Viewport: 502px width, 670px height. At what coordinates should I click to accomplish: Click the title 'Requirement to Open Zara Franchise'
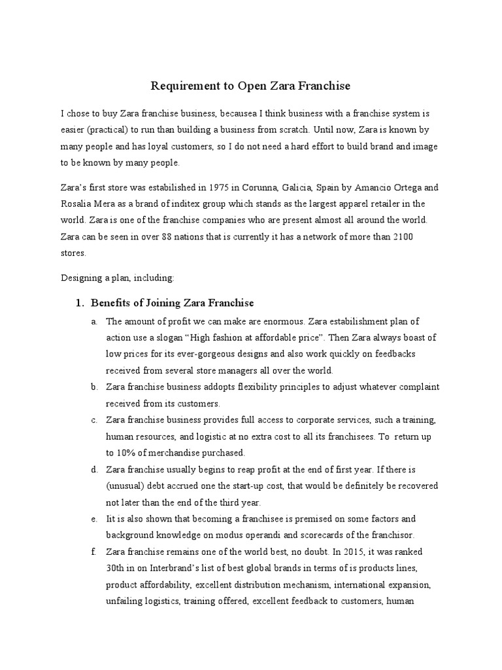tap(251, 86)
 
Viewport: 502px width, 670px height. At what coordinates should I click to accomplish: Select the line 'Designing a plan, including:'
tap(118, 277)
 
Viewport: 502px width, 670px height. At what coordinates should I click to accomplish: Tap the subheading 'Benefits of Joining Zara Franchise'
tap(172, 303)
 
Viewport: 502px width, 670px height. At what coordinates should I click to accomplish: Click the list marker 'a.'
tap(95, 321)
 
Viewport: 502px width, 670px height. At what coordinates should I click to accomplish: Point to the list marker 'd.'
tap(95, 469)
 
